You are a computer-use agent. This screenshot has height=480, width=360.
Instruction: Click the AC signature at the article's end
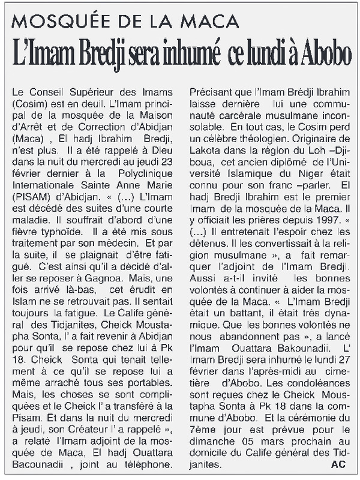tap(338, 464)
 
